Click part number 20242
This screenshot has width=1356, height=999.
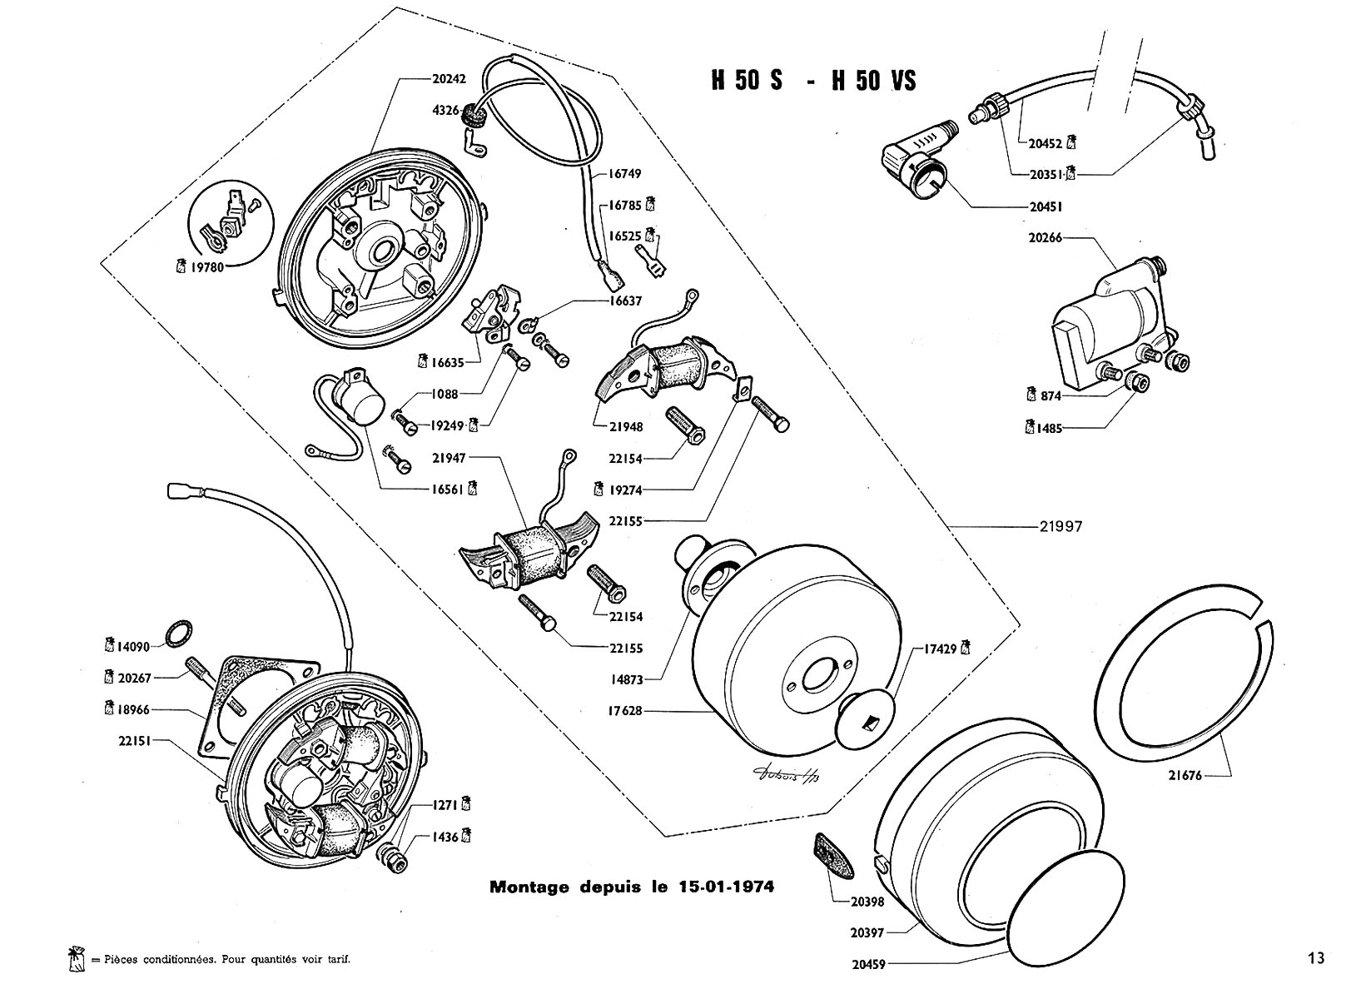449,79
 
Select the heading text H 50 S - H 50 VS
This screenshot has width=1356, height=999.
812,80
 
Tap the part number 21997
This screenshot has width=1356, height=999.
1060,527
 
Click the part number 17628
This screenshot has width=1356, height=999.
625,711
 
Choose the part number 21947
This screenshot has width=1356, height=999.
450,457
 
